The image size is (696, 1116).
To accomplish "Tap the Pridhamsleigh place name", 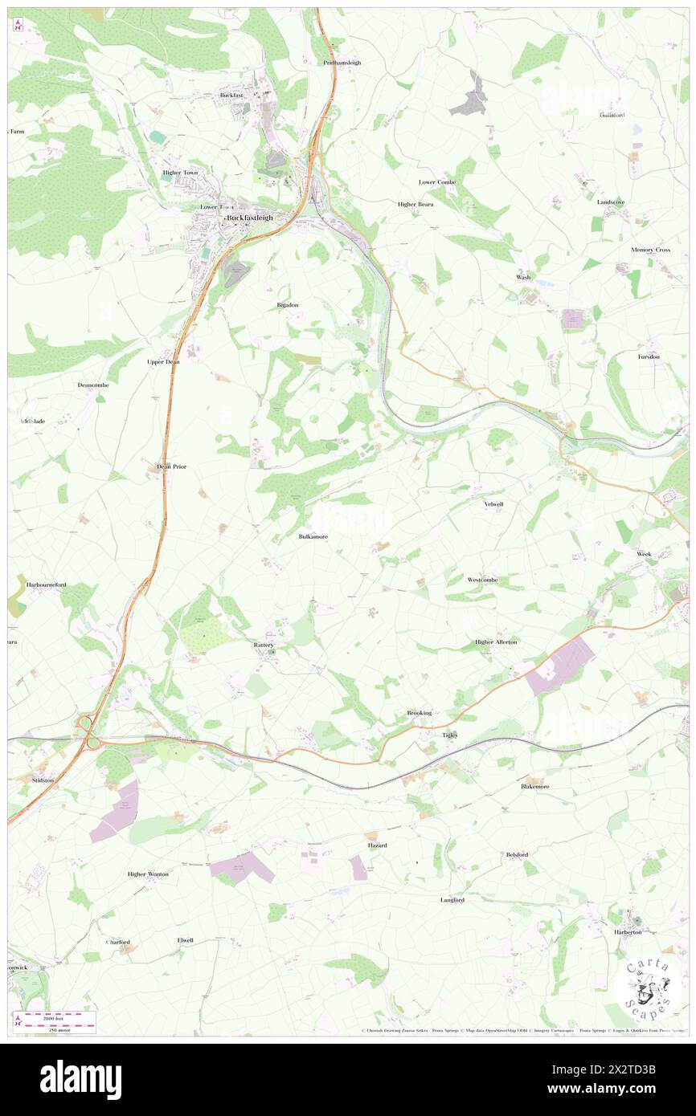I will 342,63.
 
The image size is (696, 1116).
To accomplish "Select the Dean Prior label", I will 171,466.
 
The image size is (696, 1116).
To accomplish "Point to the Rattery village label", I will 264,645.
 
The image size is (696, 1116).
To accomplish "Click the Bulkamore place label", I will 313,536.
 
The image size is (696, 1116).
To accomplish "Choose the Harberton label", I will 628,932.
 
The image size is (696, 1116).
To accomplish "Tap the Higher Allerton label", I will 496,642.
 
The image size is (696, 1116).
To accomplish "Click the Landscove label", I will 611,202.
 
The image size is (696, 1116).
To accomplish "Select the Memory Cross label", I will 650,250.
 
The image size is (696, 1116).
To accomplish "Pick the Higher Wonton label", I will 148,874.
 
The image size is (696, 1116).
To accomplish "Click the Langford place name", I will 452,900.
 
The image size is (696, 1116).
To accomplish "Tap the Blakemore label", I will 535,786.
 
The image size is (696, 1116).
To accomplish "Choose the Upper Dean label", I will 163,362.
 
